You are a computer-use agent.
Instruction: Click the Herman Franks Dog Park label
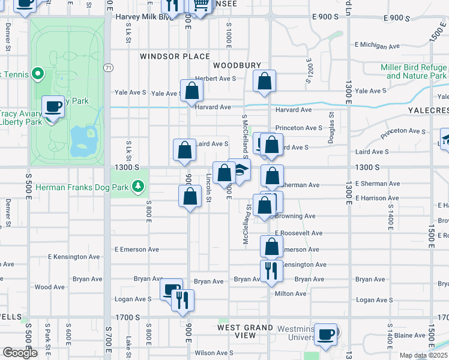tap(82, 187)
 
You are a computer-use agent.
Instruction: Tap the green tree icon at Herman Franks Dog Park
tap(139, 187)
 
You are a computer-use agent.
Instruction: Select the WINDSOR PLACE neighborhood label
tap(167, 56)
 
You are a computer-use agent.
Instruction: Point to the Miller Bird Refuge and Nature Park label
tap(414, 72)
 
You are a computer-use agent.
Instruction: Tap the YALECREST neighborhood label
tap(428, 111)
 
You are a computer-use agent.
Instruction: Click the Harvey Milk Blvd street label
tap(145, 17)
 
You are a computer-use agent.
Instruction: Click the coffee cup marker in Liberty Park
tap(53, 107)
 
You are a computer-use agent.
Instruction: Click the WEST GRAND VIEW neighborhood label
tap(237, 331)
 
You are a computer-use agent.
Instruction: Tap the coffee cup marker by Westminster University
tap(326, 335)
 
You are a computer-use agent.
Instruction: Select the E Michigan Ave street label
tap(378, 45)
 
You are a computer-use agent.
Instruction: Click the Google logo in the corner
tap(20, 352)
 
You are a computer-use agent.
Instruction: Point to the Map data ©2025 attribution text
tap(423, 355)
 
